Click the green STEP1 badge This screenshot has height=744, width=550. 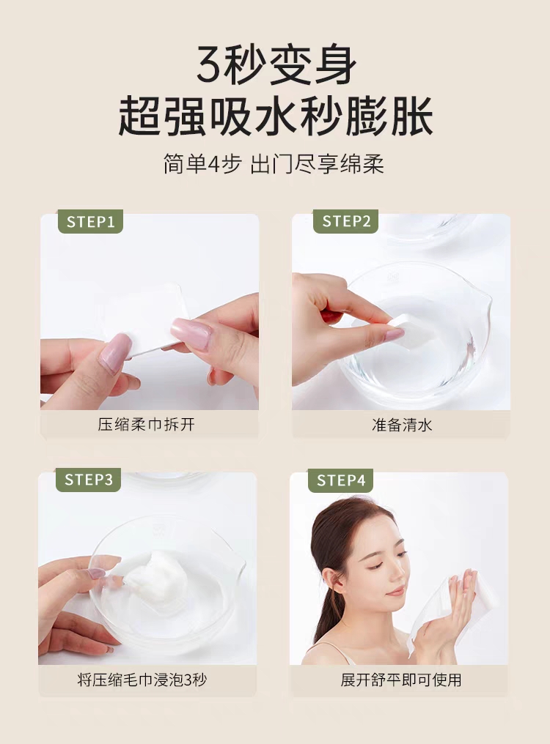(x=90, y=222)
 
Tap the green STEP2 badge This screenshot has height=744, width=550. (x=345, y=222)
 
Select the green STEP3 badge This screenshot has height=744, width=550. (x=89, y=480)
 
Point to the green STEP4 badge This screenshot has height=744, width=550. (x=340, y=480)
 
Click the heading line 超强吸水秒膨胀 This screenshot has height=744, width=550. (x=275, y=116)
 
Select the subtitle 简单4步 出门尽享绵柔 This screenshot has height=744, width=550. (x=274, y=164)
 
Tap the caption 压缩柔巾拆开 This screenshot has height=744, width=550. (x=147, y=424)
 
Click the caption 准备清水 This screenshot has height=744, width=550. (x=402, y=424)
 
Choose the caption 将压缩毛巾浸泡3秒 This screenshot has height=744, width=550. (x=142, y=680)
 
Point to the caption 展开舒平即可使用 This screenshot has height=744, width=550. (x=400, y=680)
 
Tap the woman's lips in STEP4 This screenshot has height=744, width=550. (x=397, y=592)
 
